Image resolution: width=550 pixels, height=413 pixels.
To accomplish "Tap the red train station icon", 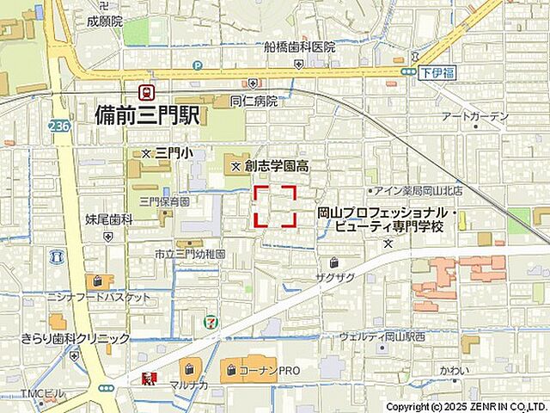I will pos(147,91).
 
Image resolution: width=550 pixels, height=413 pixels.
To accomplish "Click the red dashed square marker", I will pos(275,206).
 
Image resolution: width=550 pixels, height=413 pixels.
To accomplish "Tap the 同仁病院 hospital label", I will pos(254,101).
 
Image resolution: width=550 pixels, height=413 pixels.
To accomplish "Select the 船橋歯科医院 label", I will pos(300,46).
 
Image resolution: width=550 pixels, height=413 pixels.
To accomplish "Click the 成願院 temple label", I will pos(105,20).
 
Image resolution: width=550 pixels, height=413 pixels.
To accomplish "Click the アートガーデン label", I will pos(474,116).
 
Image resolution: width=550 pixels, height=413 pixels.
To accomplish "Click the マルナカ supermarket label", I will pos(187,384).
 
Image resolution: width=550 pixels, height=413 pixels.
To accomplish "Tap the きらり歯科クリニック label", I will pos(76,339).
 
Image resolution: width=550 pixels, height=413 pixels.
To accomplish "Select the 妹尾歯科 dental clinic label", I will pos(109,219).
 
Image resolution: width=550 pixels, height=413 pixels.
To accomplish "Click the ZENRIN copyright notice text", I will pos(466,406).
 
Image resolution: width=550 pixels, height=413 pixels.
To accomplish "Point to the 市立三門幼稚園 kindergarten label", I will pos(190,255).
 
